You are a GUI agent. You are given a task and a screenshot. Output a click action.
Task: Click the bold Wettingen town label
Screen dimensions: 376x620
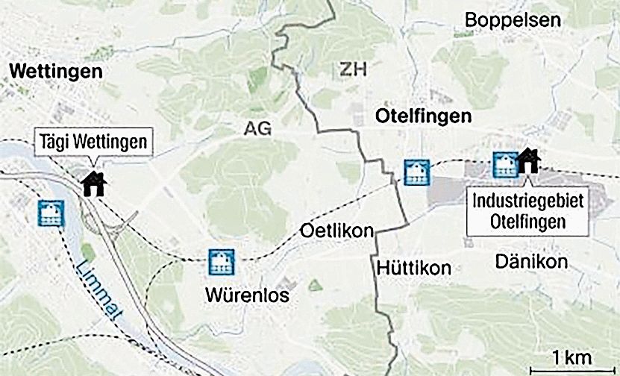pyautogui.click(x=55, y=72)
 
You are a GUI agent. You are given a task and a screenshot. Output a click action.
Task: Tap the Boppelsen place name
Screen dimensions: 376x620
pyautogui.click(x=513, y=20)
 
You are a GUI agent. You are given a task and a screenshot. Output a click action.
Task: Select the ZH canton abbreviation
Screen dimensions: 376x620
pyautogui.click(x=354, y=70)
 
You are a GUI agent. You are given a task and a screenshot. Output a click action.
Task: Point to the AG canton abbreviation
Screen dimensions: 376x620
pyautogui.click(x=257, y=129)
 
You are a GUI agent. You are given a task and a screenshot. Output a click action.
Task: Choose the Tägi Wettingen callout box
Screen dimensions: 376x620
pyautogui.click(x=93, y=141)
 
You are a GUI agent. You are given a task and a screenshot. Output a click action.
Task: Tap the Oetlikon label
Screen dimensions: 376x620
pyautogui.click(x=336, y=231)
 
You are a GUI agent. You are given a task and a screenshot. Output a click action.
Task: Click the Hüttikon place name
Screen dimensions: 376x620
pyautogui.click(x=413, y=268)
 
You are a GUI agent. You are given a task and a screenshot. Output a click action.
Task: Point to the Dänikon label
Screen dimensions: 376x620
pyautogui.click(x=532, y=262)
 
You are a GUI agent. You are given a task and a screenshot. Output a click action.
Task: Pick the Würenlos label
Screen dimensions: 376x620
pyautogui.click(x=246, y=296)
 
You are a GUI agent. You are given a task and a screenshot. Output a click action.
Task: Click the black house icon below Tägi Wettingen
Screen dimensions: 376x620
pyautogui.click(x=95, y=184)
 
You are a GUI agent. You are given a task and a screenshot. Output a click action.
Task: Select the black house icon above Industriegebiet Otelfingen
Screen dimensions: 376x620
pyautogui.click(x=528, y=160)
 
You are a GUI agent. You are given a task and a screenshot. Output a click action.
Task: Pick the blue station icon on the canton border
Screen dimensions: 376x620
pyautogui.click(x=415, y=172)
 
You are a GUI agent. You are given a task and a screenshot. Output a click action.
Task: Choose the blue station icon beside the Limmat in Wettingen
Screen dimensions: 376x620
pyautogui.click(x=51, y=213)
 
